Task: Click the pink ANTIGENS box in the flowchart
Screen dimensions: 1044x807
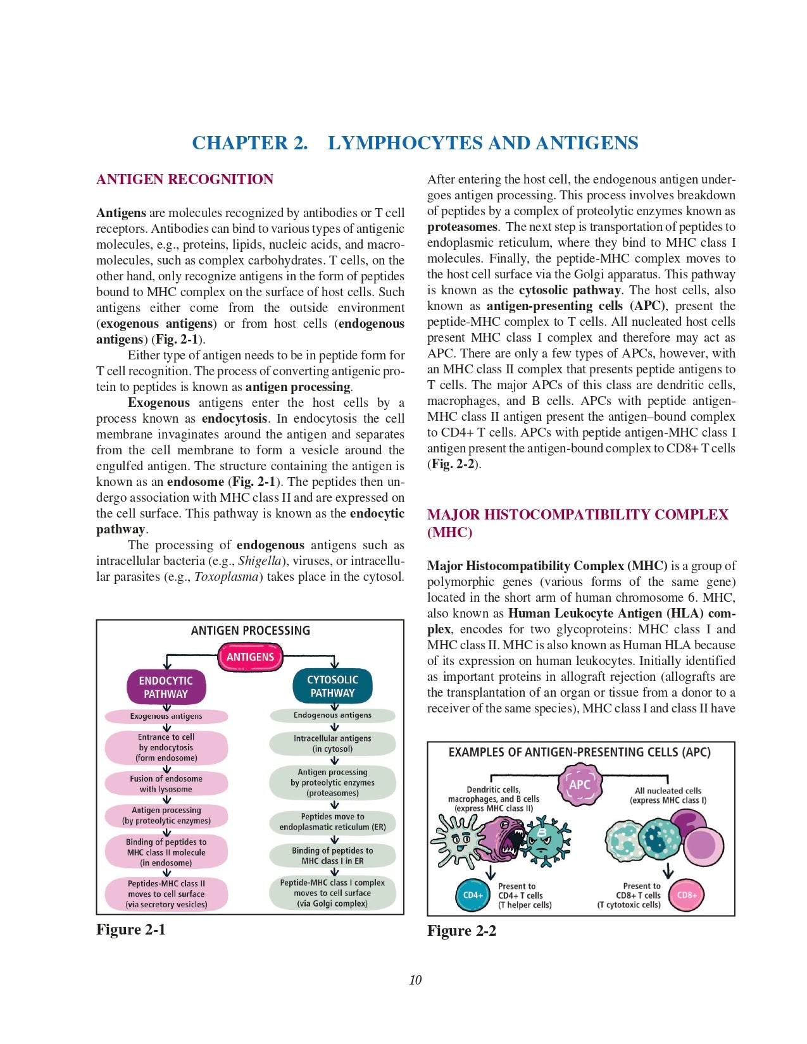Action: pyautogui.click(x=250, y=657)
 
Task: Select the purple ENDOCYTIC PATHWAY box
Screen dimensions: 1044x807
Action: pyautogui.click(x=166, y=687)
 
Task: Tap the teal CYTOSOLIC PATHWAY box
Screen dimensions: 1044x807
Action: pyautogui.click(x=332, y=686)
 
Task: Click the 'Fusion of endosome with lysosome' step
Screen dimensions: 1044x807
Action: pyautogui.click(x=166, y=784)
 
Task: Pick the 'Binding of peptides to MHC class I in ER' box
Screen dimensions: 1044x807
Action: pyautogui.click(x=332, y=855)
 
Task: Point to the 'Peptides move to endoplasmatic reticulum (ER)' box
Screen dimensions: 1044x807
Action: pyautogui.click(x=332, y=821)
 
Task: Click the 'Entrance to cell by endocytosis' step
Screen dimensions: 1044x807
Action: pyautogui.click(x=166, y=747)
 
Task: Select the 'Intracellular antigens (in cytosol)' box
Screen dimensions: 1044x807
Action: pyautogui.click(x=332, y=743)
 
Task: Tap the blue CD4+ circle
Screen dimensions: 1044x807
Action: pyautogui.click(x=473, y=895)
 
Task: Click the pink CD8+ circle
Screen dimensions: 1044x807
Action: pyautogui.click(x=687, y=895)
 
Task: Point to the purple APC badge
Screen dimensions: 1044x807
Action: pyautogui.click(x=579, y=785)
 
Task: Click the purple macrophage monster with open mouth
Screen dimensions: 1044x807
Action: pyautogui.click(x=503, y=838)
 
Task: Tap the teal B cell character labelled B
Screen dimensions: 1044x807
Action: pyautogui.click(x=543, y=838)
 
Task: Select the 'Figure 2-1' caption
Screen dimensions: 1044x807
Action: pyautogui.click(x=130, y=929)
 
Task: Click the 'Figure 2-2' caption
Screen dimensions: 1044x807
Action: pyautogui.click(x=461, y=931)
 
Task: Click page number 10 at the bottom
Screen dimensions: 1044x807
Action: pyautogui.click(x=415, y=980)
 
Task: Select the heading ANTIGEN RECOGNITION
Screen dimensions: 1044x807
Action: pyautogui.click(x=185, y=180)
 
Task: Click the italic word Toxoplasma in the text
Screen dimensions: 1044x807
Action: pyautogui.click(x=228, y=577)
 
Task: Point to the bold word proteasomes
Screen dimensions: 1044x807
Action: pyautogui.click(x=462, y=227)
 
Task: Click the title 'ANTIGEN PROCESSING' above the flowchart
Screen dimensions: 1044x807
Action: pyautogui.click(x=250, y=631)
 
